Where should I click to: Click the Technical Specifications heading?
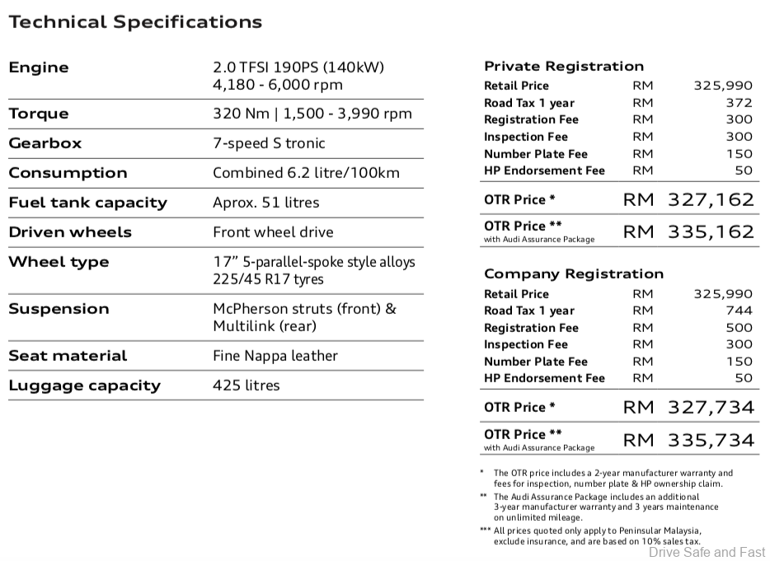click(x=135, y=22)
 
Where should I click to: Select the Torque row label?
click(x=39, y=114)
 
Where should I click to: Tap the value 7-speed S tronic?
click(x=269, y=143)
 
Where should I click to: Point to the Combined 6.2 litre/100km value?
click(x=306, y=173)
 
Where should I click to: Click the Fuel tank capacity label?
click(x=87, y=203)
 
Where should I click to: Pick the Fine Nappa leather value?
click(x=275, y=356)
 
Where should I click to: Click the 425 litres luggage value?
click(x=246, y=386)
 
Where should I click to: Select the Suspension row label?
click(x=59, y=309)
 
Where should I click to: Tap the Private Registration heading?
click(x=564, y=66)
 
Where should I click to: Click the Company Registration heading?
click(x=573, y=273)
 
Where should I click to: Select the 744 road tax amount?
click(x=739, y=311)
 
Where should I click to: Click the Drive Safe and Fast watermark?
click(x=707, y=552)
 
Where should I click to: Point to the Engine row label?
click(x=39, y=68)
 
